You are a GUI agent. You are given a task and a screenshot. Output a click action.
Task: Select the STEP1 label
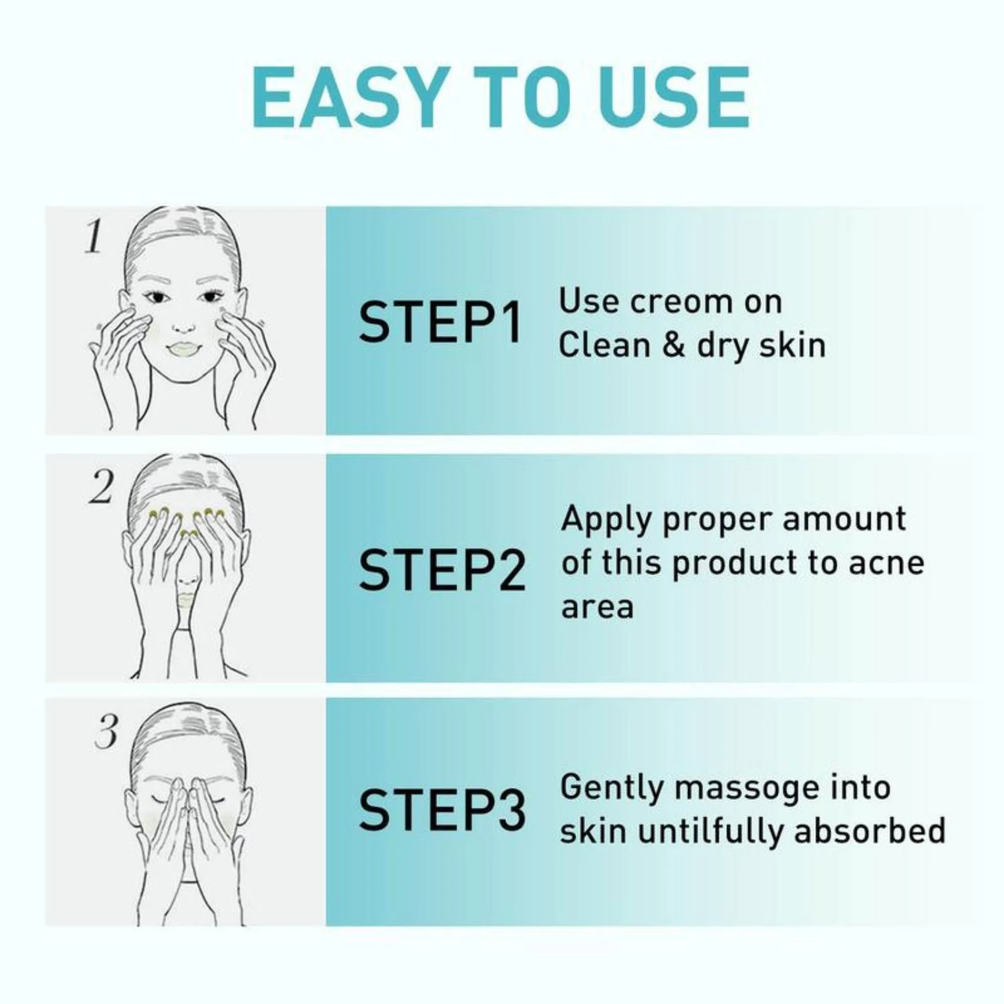440,323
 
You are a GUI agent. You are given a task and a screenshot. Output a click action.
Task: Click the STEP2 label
442,570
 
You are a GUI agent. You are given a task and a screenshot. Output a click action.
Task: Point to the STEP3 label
442,810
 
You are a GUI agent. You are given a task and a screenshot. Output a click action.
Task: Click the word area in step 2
597,607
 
